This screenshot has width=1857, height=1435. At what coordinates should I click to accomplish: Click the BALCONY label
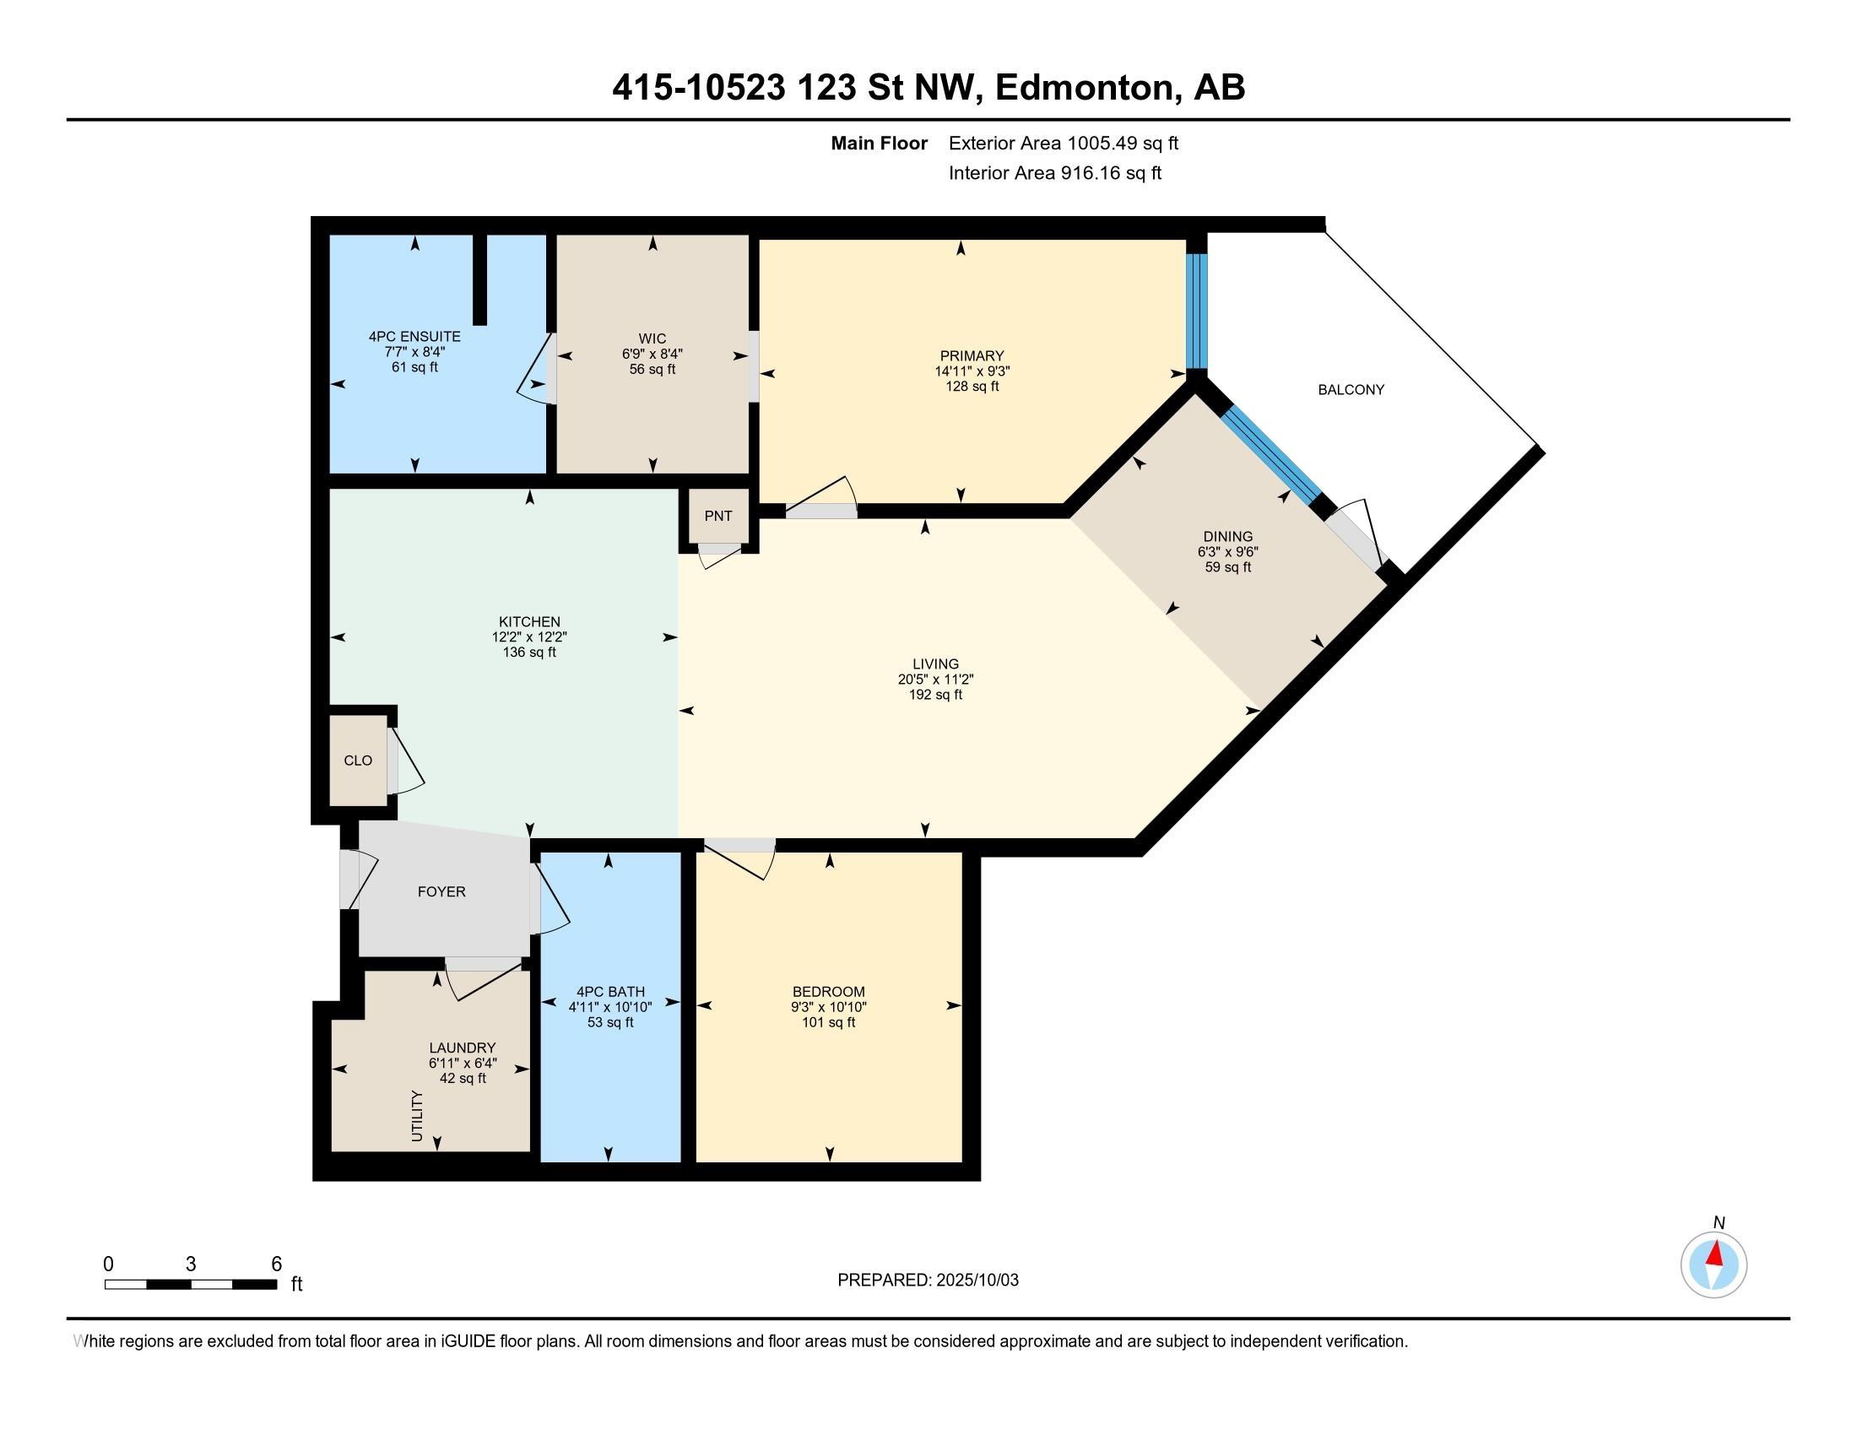click(x=1351, y=389)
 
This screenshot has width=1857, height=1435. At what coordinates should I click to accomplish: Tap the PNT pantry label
click(x=718, y=515)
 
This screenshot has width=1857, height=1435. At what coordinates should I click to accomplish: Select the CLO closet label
click(x=358, y=760)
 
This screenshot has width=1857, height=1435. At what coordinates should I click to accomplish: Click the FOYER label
click(x=441, y=891)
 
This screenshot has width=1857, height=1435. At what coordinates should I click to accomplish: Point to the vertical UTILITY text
click(x=417, y=1115)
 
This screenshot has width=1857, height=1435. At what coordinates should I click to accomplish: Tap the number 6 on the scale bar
click(x=276, y=1264)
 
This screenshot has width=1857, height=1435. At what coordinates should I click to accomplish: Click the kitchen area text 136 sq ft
click(x=529, y=652)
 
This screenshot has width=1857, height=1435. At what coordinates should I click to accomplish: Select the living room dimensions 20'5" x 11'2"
click(x=935, y=680)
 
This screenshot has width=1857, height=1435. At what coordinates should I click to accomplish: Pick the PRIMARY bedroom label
click(x=972, y=355)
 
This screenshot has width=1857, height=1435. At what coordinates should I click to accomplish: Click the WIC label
click(x=652, y=338)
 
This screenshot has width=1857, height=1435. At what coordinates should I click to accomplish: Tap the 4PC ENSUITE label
click(x=415, y=337)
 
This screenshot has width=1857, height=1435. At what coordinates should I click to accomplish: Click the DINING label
click(x=1228, y=536)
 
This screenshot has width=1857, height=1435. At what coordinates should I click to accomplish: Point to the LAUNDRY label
click(x=463, y=1048)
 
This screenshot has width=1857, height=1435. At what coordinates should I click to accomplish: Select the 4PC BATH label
click(x=610, y=991)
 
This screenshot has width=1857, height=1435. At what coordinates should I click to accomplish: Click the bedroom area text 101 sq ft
click(x=829, y=1022)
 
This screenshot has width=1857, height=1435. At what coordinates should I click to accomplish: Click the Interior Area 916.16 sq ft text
click(x=1055, y=173)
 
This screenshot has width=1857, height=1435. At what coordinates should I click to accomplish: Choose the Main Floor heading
click(x=880, y=143)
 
